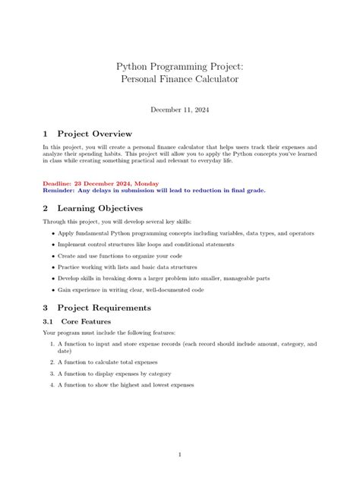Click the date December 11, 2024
179,109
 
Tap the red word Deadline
61,182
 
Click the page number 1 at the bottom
179,455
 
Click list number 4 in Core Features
52,385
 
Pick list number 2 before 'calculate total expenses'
52,362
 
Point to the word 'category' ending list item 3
157,374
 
